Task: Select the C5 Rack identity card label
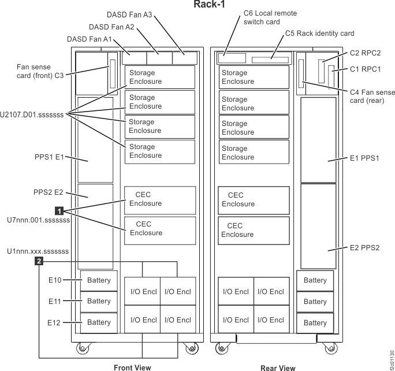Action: click(x=320, y=34)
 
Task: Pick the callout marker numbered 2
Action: click(x=38, y=262)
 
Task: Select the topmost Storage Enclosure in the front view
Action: click(x=159, y=77)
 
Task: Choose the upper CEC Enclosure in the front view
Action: click(x=159, y=199)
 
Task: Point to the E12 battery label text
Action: click(x=55, y=322)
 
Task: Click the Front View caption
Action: click(x=132, y=367)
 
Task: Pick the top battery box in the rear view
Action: click(x=315, y=280)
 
